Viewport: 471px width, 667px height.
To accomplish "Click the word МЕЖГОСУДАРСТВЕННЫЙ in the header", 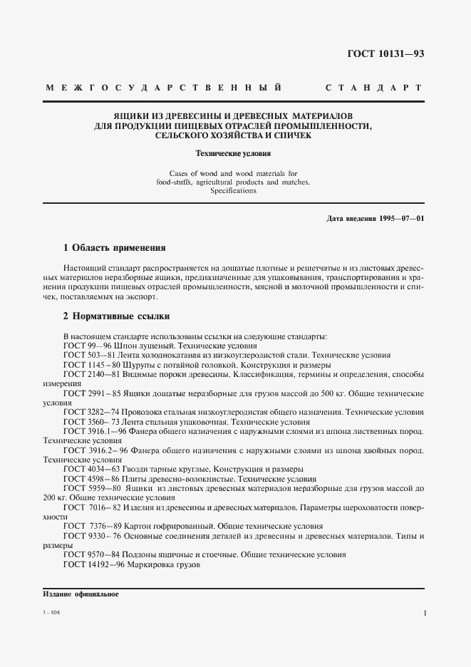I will [163, 88].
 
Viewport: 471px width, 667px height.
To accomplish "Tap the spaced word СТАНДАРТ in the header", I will [373, 88].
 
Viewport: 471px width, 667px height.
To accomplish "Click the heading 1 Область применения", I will [114, 248].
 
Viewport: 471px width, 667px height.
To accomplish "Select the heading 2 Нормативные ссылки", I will [116, 316].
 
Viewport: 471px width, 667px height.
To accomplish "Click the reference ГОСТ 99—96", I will [83, 345].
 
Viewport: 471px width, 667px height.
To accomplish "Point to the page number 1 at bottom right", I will [424, 613].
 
